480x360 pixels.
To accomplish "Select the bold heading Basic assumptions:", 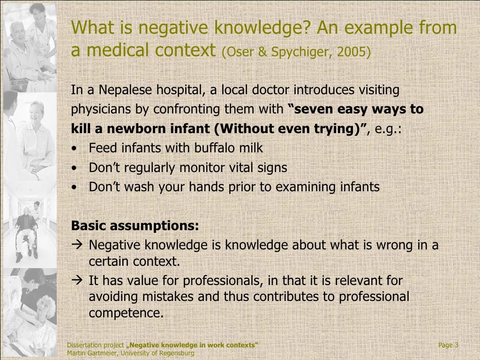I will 135,226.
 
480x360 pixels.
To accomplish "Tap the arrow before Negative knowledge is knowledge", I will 78,245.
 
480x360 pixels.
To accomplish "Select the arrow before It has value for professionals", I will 78,281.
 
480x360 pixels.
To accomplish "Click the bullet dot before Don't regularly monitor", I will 75,168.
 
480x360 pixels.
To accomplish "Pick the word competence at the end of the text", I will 126,313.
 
